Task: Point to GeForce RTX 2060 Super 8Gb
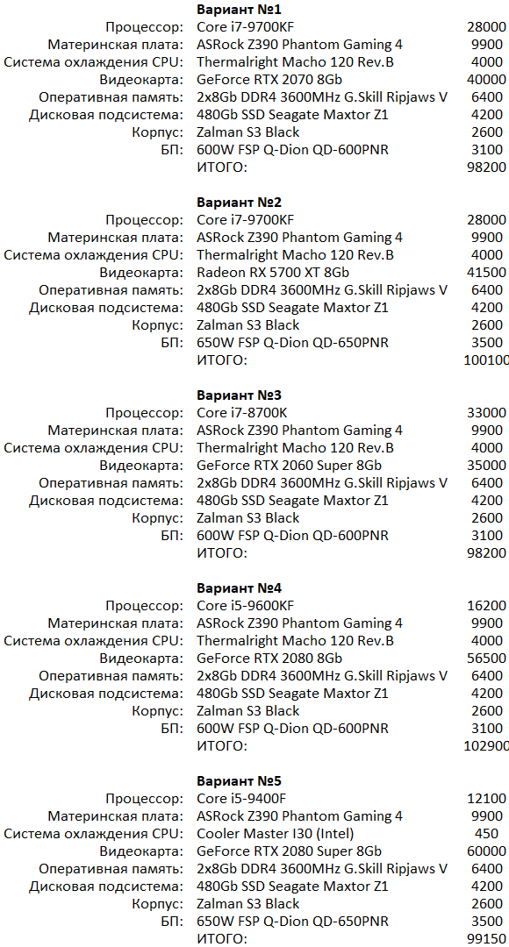coord(289,466)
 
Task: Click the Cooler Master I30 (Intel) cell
coord(276,834)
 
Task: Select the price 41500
coord(487,273)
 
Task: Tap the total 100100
coord(485,360)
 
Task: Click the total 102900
coord(485,746)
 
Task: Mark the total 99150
coord(487,939)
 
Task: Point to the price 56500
coord(487,659)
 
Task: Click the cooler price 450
coord(486,834)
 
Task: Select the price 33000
coord(487,413)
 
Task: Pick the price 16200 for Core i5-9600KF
coord(487,606)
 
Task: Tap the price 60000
coord(487,851)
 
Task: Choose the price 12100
coord(487,799)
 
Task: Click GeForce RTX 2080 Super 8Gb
coord(289,851)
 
